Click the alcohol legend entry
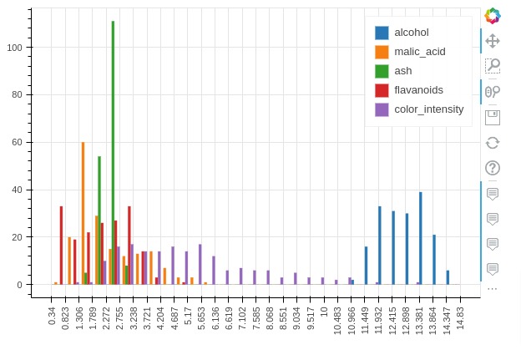(x=411, y=33)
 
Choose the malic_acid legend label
(x=419, y=52)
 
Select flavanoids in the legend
(x=418, y=90)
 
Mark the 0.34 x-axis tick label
(x=53, y=317)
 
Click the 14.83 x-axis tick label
(x=462, y=318)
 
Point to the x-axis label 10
(x=325, y=313)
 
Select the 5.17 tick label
(x=189, y=317)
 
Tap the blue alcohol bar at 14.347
(x=448, y=277)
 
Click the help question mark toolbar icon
(x=493, y=169)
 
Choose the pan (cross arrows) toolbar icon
(x=493, y=40)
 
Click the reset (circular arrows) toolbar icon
(x=493, y=143)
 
